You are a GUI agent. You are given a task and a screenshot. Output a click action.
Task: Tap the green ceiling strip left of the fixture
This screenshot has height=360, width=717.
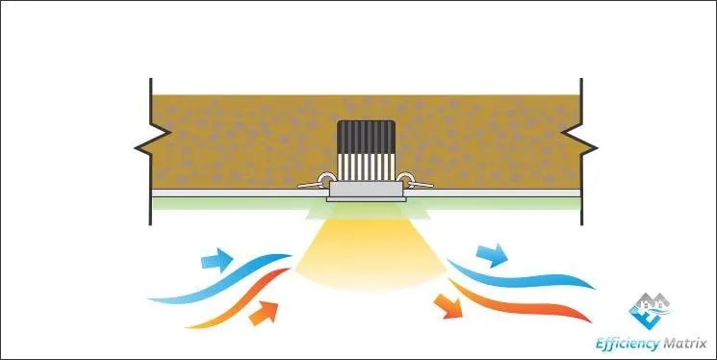pos(231,201)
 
